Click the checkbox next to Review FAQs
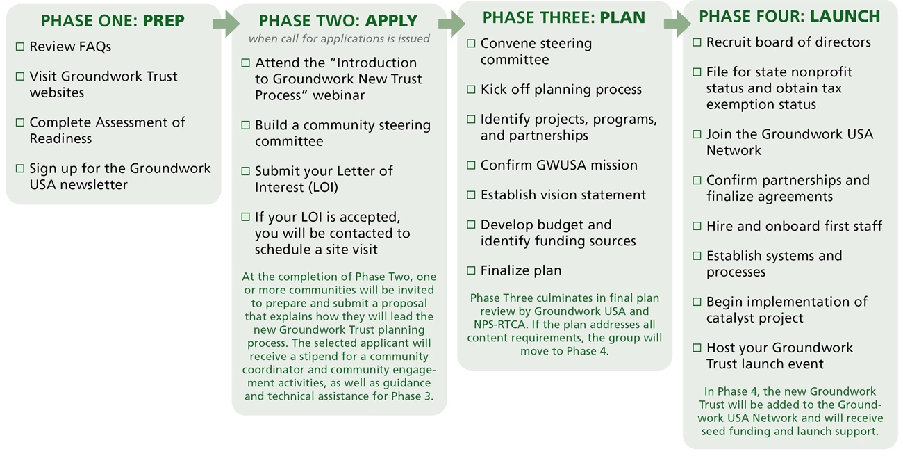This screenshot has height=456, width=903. (19, 47)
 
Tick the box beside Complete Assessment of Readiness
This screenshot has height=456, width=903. (19, 123)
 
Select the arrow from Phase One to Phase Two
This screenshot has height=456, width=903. (226, 23)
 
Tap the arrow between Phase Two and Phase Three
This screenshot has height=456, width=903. (451, 23)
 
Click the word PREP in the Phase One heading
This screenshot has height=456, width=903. (164, 21)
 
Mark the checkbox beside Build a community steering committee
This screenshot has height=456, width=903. (245, 126)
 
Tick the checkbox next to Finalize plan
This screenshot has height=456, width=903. (471, 271)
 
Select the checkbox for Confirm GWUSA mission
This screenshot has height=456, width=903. (471, 165)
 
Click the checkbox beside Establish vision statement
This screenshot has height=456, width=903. (471, 195)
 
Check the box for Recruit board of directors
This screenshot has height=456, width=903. (697, 43)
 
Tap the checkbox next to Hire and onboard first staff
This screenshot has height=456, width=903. (697, 227)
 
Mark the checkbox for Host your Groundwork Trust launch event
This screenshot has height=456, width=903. (697, 348)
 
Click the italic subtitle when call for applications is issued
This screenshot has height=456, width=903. (339, 39)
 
